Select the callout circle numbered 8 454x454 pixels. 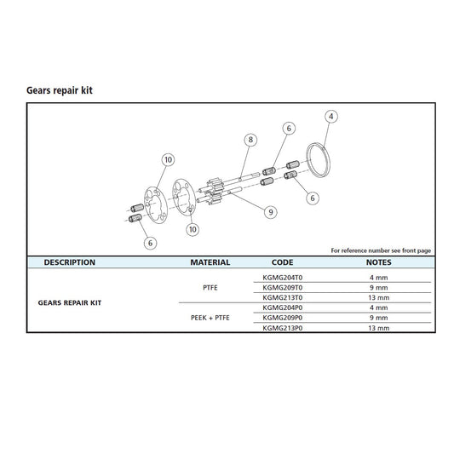point(250,139)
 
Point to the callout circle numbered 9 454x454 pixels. point(270,211)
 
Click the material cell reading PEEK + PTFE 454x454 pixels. point(210,318)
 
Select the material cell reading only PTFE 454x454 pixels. point(210,288)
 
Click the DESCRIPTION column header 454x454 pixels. point(70,263)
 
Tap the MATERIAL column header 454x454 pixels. point(210,263)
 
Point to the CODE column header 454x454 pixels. point(282,263)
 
